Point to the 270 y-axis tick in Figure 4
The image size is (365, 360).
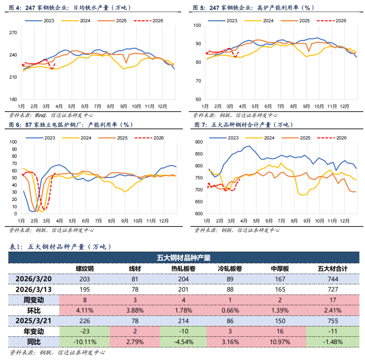click(13, 33)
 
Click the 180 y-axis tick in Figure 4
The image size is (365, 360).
click(13, 99)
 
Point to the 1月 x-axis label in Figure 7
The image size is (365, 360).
click(207, 221)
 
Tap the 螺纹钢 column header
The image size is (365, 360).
click(84, 268)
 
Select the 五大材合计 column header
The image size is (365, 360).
click(333, 268)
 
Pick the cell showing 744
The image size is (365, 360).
click(333, 279)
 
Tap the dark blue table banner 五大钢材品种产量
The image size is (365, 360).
click(184, 258)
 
